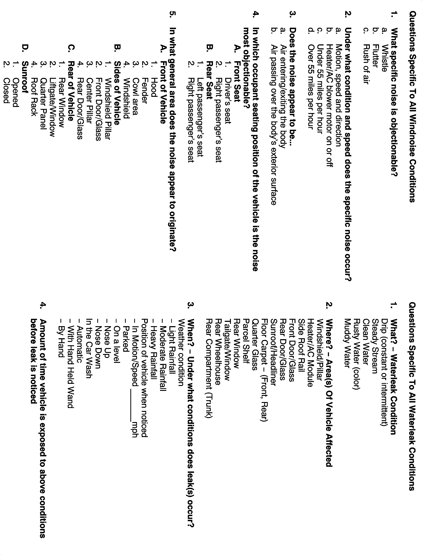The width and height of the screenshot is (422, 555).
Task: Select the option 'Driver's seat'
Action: tap(227, 101)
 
